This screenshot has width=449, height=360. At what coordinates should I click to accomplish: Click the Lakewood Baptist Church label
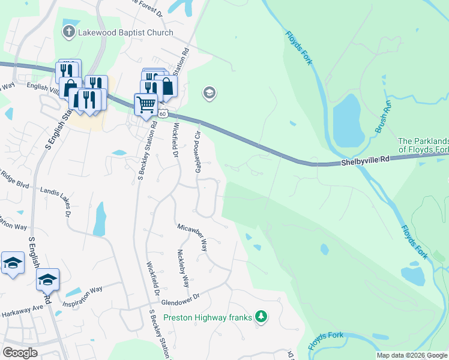[125, 33]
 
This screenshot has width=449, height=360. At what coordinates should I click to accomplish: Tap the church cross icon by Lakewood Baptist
[70, 32]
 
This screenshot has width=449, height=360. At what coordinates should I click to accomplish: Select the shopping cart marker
[146, 105]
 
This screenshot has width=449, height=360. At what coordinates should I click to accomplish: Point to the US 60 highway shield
[164, 114]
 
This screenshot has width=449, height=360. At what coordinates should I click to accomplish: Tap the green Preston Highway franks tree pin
[261, 316]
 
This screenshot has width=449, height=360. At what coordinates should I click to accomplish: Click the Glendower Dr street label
[179, 304]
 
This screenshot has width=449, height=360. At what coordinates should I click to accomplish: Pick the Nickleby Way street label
[182, 269]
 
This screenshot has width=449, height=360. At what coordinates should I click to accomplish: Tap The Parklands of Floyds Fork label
[423, 145]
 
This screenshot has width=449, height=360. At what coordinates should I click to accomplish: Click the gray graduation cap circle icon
[209, 93]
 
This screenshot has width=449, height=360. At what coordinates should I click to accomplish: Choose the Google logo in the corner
[20, 353]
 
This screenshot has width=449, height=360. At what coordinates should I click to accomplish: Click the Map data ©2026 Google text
[412, 355]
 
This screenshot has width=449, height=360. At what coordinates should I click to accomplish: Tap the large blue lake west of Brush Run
[346, 120]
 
